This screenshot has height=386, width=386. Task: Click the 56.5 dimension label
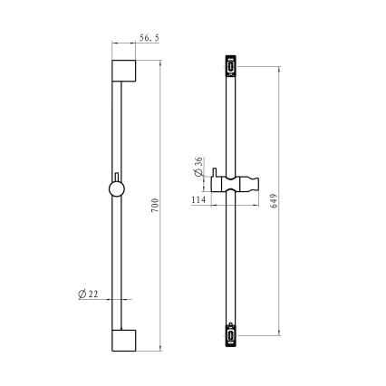click(149, 38)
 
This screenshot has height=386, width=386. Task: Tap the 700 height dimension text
click(155, 205)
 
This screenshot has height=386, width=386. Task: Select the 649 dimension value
click(274, 201)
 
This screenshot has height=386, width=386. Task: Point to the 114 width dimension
click(198, 199)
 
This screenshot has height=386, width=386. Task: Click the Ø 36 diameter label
click(198, 167)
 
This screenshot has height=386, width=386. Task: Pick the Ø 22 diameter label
click(88, 294)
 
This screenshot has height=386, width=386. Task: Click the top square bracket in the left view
click(124, 71)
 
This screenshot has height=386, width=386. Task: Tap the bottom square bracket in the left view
click(124, 341)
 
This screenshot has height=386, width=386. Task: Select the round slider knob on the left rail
click(117, 189)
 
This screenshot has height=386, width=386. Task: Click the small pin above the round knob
click(117, 177)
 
